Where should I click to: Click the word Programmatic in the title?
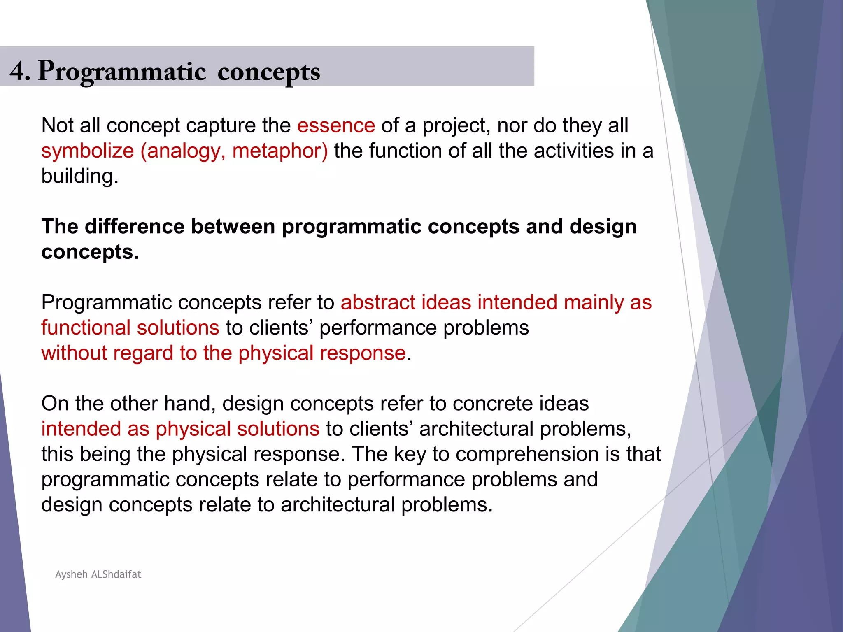click(122, 72)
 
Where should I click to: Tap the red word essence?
click(336, 125)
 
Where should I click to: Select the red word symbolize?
click(88, 151)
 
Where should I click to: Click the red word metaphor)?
click(280, 151)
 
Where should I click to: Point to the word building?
click(79, 176)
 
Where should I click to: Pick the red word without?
click(74, 353)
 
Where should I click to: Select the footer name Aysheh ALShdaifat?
click(98, 574)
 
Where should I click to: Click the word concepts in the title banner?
click(268, 72)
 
